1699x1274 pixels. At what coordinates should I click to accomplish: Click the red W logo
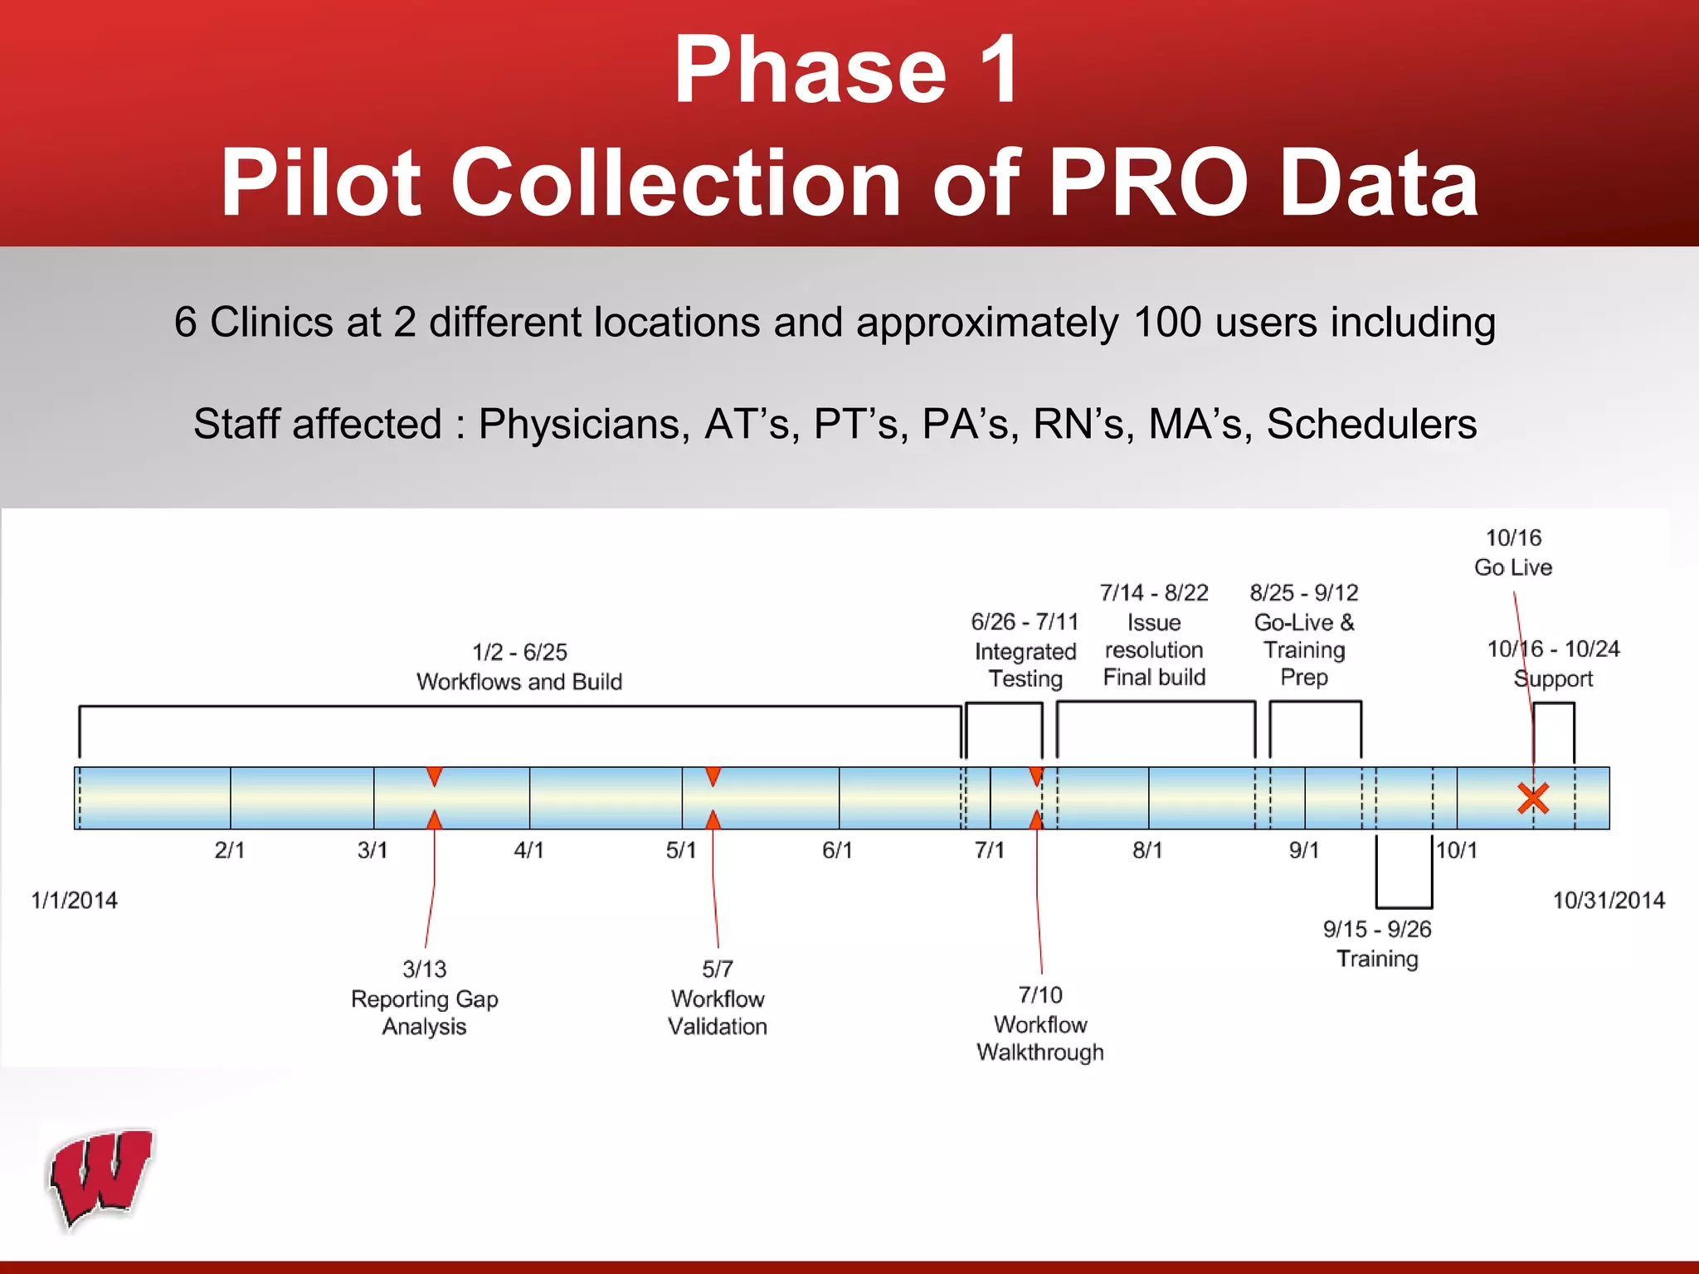(x=101, y=1178)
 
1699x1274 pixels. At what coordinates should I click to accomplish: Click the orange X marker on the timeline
(x=1533, y=798)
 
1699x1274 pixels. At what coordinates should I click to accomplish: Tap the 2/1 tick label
(x=230, y=850)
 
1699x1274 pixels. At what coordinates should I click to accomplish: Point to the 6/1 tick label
(x=837, y=850)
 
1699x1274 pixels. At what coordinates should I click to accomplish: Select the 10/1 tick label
(x=1457, y=850)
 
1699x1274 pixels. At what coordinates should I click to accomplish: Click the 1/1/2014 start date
(x=75, y=900)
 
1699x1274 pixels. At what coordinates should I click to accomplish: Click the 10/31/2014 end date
(x=1609, y=900)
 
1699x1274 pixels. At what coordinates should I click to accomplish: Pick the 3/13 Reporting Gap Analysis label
(x=425, y=998)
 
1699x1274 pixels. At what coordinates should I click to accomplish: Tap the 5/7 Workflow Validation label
(x=718, y=998)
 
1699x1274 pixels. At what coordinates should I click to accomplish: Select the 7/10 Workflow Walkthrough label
(x=1040, y=1024)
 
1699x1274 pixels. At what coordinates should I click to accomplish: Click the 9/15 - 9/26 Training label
(x=1377, y=944)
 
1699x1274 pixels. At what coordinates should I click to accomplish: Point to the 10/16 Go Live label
(x=1513, y=552)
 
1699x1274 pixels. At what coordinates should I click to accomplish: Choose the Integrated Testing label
(x=1025, y=651)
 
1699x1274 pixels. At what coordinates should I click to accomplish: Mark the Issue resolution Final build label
(x=1154, y=635)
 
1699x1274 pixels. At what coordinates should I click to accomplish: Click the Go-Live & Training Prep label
(x=1304, y=635)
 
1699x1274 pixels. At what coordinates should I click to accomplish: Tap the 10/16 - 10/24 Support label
(x=1553, y=664)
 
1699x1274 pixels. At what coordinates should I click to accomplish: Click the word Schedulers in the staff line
(x=1371, y=424)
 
